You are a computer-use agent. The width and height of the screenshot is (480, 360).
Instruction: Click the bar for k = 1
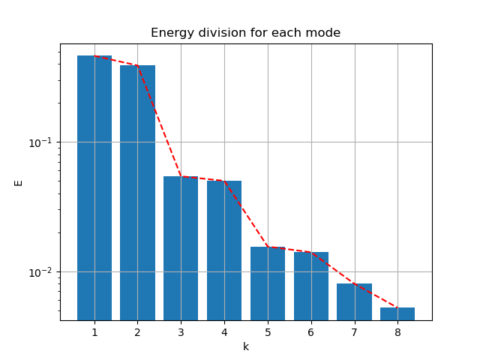pyautogui.click(x=94, y=187)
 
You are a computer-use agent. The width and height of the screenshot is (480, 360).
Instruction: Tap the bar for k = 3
pyautogui.click(x=181, y=248)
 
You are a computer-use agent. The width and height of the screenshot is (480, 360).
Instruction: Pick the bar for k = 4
pyautogui.click(x=224, y=250)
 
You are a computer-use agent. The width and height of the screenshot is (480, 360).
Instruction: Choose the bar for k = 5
pyautogui.click(x=268, y=283)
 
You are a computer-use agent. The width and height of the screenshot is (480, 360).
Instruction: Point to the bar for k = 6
pyautogui.click(x=310, y=286)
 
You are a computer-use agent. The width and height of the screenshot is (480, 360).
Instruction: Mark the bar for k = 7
pyautogui.click(x=354, y=301)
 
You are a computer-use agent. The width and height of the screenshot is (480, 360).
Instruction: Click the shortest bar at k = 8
pyautogui.click(x=397, y=313)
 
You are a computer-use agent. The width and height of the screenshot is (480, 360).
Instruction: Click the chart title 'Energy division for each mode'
pyautogui.click(x=245, y=33)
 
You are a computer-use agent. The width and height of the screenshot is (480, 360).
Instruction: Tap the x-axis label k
pyautogui.click(x=245, y=346)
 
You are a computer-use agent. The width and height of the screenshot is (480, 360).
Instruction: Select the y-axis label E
pyautogui.click(x=19, y=182)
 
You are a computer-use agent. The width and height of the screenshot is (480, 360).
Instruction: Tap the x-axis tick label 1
pyautogui.click(x=94, y=331)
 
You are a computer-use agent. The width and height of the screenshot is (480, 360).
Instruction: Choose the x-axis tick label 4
pyautogui.click(x=224, y=331)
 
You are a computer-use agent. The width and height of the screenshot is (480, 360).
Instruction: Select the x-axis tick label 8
pyautogui.click(x=397, y=331)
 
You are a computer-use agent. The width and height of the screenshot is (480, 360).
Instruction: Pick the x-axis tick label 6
pyautogui.click(x=310, y=331)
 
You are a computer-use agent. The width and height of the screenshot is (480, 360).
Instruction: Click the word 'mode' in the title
pyautogui.click(x=325, y=33)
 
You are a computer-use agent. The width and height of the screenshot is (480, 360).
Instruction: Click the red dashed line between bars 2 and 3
pyautogui.click(x=159, y=121)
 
